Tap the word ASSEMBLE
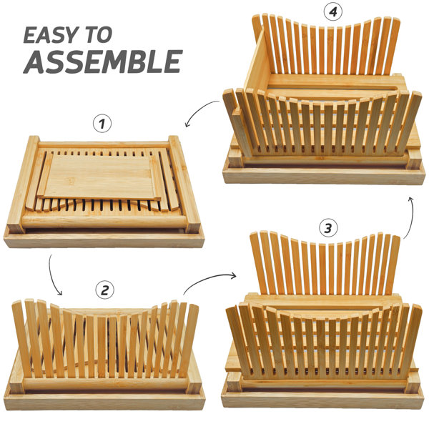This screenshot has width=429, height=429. (x=103, y=61)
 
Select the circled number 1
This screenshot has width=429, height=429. (x=102, y=124)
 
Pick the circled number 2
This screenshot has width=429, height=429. (x=105, y=290)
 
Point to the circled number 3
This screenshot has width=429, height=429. (x=327, y=228)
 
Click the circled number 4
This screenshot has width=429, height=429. (x=333, y=12)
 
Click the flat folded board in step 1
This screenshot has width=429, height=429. (x=100, y=177)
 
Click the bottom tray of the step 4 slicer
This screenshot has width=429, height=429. (x=324, y=175)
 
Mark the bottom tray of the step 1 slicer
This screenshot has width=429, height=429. (x=104, y=239)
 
